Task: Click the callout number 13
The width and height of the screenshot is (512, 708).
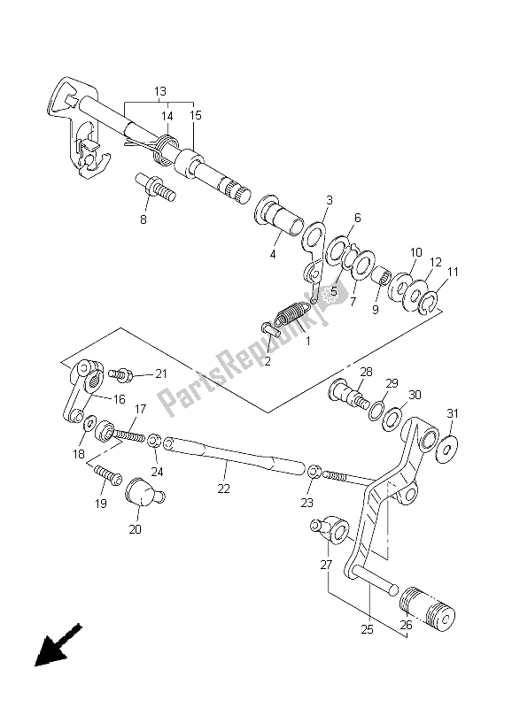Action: (x=160, y=92)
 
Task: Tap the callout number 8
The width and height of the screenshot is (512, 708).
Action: (x=144, y=219)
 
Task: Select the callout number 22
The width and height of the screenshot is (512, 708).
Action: (x=224, y=489)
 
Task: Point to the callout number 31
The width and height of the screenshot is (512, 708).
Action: (x=453, y=413)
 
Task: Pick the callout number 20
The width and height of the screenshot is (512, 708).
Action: (x=136, y=529)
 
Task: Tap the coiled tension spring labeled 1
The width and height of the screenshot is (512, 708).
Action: (x=292, y=312)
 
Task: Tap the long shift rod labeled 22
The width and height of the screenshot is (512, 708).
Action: (x=235, y=455)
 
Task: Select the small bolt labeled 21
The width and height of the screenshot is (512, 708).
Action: (x=120, y=374)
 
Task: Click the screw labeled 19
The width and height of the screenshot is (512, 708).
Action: (x=108, y=475)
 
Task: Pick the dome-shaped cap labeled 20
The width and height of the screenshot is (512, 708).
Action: (x=144, y=494)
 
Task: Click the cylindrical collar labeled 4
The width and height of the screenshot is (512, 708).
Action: (x=278, y=215)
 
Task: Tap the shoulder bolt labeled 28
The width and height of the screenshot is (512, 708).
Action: (x=349, y=394)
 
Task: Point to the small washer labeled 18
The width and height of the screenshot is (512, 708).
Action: (x=89, y=423)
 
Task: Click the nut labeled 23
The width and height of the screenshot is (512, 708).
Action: (x=315, y=472)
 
